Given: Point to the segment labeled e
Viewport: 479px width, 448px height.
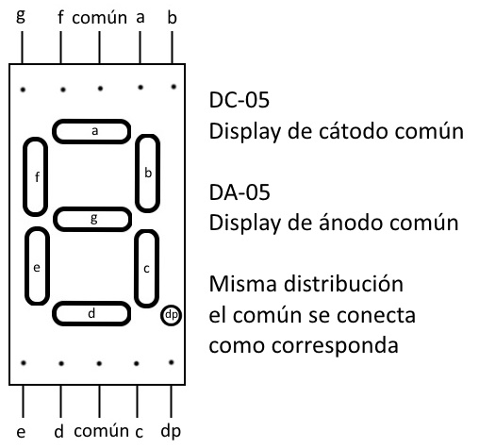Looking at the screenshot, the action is pyautogui.click(x=37, y=266).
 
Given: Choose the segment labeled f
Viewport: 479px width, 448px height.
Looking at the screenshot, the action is pyautogui.click(x=36, y=176).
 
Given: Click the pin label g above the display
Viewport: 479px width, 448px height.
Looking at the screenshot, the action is pyautogui.click(x=21, y=16).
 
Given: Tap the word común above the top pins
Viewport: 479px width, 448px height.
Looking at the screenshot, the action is pyautogui.click(x=99, y=17).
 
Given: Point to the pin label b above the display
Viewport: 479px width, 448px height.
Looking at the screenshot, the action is pyautogui.click(x=172, y=17).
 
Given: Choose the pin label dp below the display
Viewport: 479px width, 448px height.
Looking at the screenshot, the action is pyautogui.click(x=171, y=432).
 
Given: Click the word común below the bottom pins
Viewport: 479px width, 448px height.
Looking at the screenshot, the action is pyautogui.click(x=101, y=430).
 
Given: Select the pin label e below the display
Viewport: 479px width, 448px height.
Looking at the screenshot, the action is pyautogui.click(x=21, y=432).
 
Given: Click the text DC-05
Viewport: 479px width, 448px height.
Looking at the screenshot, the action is pyautogui.click(x=239, y=100).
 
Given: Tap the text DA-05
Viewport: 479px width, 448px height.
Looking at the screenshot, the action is pyautogui.click(x=239, y=192).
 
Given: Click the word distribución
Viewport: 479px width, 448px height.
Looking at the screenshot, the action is pyautogui.click(x=343, y=284).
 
